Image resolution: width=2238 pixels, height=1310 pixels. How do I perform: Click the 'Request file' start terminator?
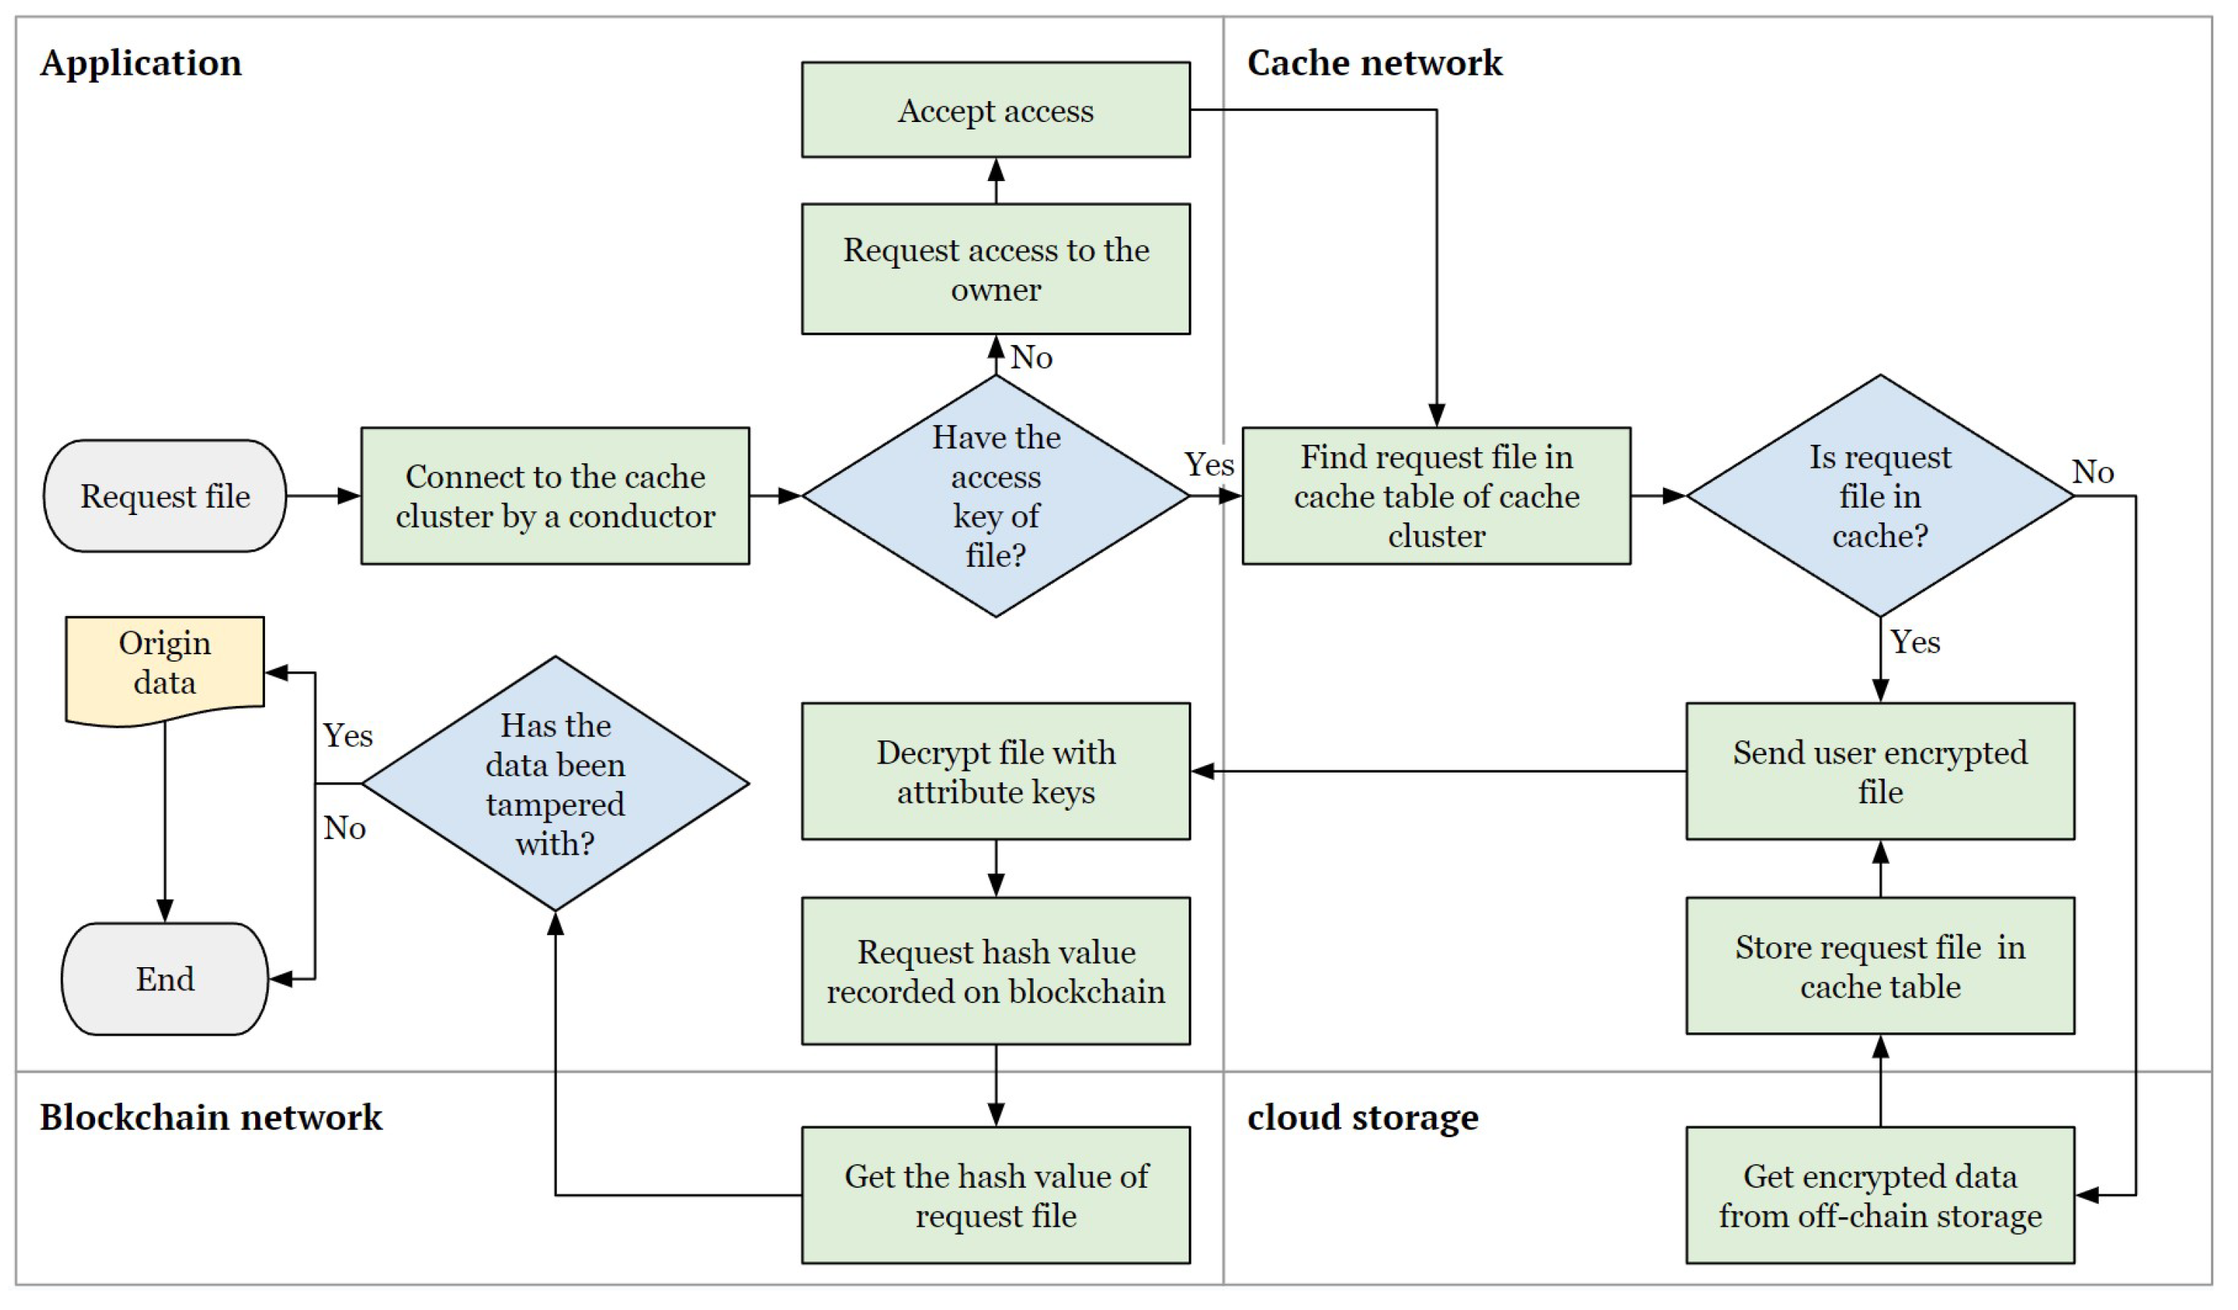[165, 496]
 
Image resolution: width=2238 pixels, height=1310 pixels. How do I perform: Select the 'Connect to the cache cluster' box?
[555, 496]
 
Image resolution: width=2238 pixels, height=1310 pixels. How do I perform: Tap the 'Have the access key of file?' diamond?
[995, 496]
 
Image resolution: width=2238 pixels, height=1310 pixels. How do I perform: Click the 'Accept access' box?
[995, 110]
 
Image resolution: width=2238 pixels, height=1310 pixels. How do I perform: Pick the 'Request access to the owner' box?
[995, 269]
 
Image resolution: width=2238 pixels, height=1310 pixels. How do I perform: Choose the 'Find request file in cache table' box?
[1436, 496]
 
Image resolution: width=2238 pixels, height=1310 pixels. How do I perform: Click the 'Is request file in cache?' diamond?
[1879, 496]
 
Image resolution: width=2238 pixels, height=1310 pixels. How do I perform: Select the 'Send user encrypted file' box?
[1879, 771]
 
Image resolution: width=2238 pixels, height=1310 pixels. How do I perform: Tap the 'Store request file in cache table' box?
[1879, 966]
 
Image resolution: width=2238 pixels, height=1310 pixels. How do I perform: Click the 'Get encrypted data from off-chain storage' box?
[1879, 1195]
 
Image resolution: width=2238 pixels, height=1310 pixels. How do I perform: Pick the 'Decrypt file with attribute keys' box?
[995, 771]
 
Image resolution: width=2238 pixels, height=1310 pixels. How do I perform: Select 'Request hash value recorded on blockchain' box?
[995, 971]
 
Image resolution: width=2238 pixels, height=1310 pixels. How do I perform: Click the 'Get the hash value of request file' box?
[995, 1195]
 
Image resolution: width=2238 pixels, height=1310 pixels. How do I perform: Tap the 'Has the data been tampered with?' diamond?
[555, 783]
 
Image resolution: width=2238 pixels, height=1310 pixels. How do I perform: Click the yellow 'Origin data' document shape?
[165, 664]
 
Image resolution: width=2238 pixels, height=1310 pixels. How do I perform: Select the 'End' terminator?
[165, 978]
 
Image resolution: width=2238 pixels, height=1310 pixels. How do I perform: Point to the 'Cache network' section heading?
[1374, 63]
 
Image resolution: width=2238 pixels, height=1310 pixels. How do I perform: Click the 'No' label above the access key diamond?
[1031, 357]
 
